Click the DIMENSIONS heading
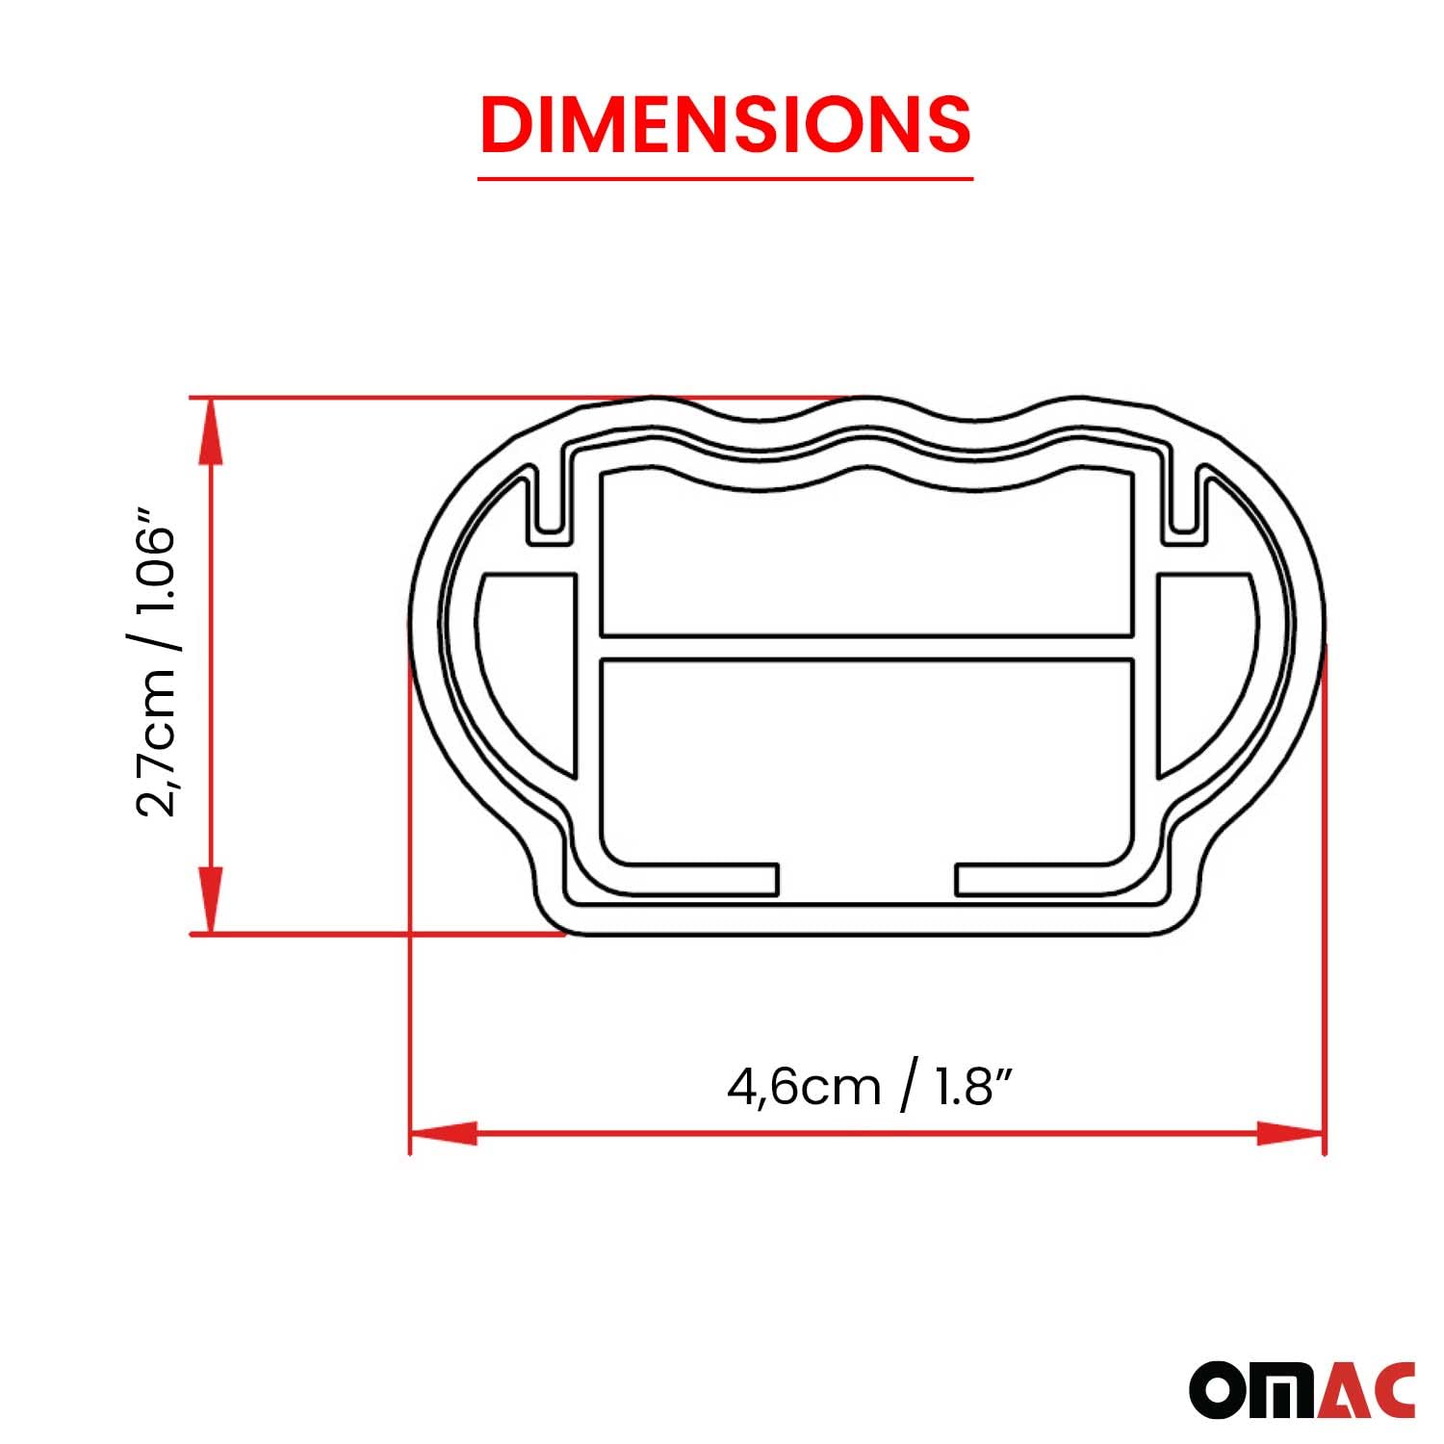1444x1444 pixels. (725, 124)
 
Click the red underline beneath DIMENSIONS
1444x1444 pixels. (725, 178)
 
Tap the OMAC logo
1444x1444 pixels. (1302, 1389)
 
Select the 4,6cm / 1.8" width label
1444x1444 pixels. (870, 1087)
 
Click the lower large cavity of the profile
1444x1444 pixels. (866, 761)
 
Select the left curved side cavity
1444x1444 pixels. (534, 655)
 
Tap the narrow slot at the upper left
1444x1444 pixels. (548, 501)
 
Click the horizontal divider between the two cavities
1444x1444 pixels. (866, 648)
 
